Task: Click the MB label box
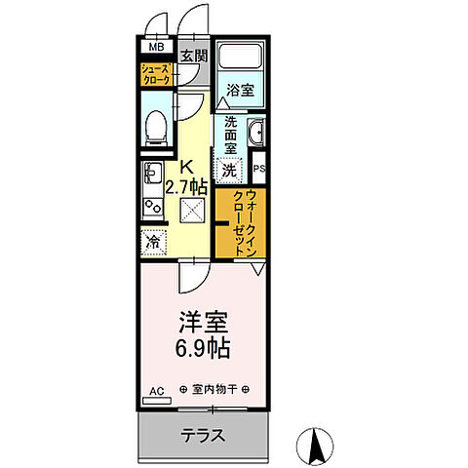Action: pyautogui.click(x=155, y=46)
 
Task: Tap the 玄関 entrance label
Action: pyautogui.click(x=192, y=55)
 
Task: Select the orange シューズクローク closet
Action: pyautogui.click(x=155, y=75)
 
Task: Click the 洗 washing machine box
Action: pyautogui.click(x=227, y=170)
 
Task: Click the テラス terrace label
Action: pyautogui.click(x=204, y=436)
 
